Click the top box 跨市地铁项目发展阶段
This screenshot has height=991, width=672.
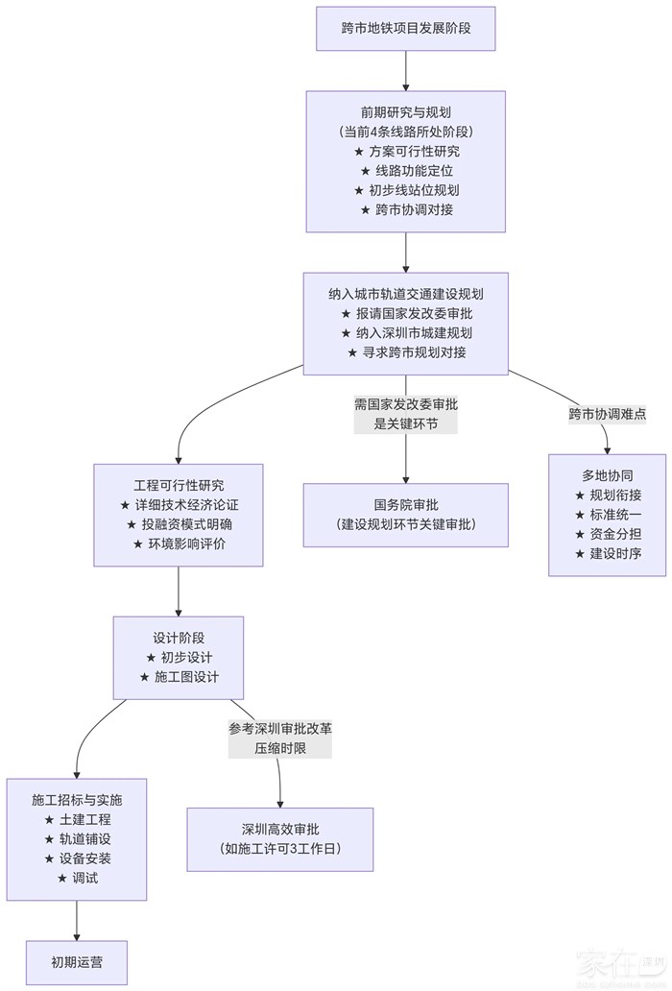click(x=405, y=28)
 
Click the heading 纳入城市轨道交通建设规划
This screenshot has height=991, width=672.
click(x=405, y=294)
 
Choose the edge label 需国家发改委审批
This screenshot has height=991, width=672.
click(x=405, y=404)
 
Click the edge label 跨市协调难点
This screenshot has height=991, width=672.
click(x=607, y=414)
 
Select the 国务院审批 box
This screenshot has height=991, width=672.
click(x=405, y=515)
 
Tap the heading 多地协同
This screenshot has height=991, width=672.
click(x=608, y=475)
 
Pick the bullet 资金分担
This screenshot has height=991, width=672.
click(x=615, y=534)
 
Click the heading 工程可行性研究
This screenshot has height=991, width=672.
click(x=179, y=485)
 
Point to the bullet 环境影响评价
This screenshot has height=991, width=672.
click(x=185, y=544)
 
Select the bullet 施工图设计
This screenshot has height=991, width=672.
click(x=186, y=677)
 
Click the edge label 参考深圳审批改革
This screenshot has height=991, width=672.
click(x=279, y=729)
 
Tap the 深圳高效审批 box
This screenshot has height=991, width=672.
click(x=279, y=838)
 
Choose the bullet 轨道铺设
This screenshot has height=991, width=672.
click(x=84, y=838)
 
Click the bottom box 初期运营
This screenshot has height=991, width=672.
click(x=77, y=961)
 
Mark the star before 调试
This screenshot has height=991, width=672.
click(x=62, y=878)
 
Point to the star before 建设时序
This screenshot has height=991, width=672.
click(x=579, y=554)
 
